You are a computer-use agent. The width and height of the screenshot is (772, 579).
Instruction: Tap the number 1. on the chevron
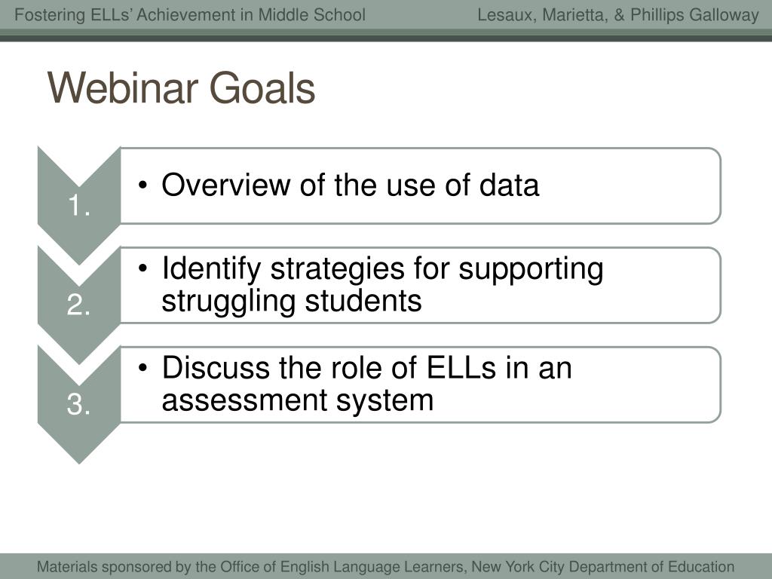click(78, 205)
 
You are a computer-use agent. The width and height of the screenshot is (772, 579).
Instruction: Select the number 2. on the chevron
click(78, 305)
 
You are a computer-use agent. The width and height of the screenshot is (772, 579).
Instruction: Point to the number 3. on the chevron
click(78, 404)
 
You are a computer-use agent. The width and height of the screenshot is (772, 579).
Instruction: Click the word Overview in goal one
click(226, 185)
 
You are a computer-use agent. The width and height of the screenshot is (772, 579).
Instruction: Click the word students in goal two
click(363, 301)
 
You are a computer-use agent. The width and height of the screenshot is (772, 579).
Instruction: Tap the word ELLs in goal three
click(461, 368)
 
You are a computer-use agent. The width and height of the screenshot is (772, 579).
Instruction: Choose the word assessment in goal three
click(244, 400)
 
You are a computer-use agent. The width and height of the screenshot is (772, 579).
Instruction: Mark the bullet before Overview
click(142, 185)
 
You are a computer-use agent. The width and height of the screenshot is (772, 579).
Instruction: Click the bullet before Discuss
click(142, 368)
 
